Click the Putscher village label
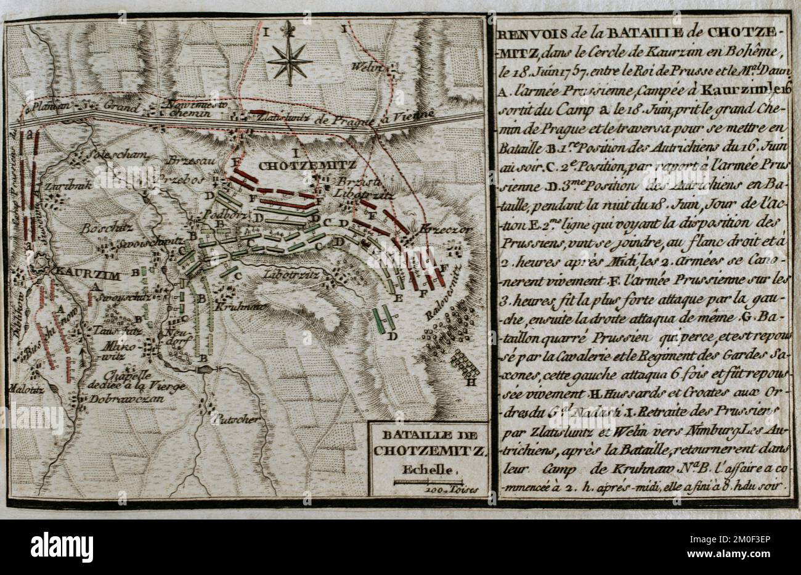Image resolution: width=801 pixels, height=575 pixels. tap(227, 420)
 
